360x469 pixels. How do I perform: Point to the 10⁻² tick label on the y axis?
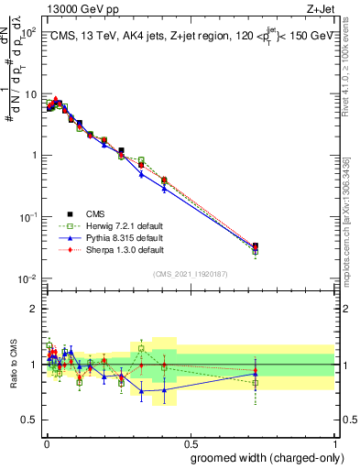click(x=27, y=278)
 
